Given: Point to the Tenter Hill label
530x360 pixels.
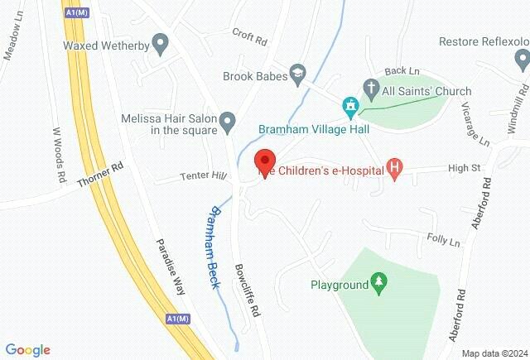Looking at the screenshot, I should click(203, 175).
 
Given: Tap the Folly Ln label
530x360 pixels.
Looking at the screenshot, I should click(443, 242).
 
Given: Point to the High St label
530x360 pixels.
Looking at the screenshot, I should click(465, 168).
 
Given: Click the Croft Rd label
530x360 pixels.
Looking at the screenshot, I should click(251, 37).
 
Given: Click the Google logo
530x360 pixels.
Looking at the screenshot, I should click(27, 350).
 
